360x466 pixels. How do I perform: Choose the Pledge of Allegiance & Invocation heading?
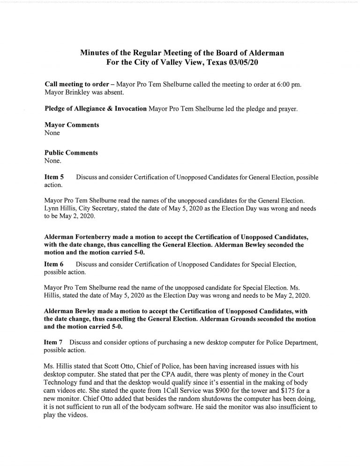click(x=95, y=109)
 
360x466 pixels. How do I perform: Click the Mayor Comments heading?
click(x=71, y=126)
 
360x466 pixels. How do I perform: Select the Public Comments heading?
click(x=71, y=152)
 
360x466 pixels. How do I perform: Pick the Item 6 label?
click(x=54, y=265)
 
